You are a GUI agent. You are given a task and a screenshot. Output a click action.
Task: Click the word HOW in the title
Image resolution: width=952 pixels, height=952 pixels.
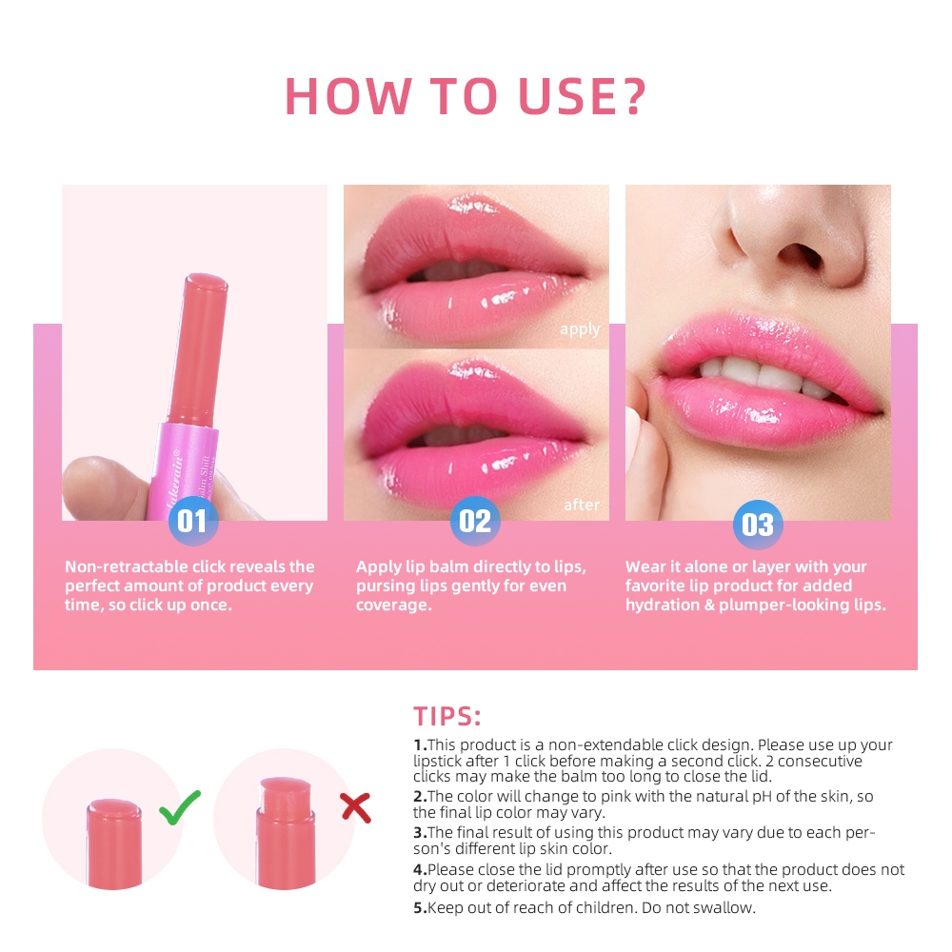pyautogui.click(x=348, y=96)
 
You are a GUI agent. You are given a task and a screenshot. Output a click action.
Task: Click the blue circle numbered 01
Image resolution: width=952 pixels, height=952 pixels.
pyautogui.click(x=193, y=521)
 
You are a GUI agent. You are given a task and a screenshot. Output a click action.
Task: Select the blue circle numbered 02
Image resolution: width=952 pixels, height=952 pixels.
pyautogui.click(x=475, y=521)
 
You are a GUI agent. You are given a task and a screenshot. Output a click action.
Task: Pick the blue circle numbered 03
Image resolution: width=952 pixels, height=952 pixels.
pyautogui.click(x=758, y=525)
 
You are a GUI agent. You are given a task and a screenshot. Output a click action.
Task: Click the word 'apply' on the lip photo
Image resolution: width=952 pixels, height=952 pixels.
pyautogui.click(x=580, y=329)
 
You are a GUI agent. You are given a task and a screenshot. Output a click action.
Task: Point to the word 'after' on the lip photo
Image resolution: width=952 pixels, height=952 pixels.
pyautogui.click(x=582, y=505)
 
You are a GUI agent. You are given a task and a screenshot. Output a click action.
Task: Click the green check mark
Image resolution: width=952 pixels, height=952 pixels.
pyautogui.click(x=180, y=807)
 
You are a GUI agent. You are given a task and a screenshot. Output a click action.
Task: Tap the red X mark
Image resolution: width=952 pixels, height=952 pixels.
pyautogui.click(x=356, y=808)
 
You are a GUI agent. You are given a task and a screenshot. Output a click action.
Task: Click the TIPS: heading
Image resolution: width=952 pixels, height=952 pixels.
pyautogui.click(x=447, y=717)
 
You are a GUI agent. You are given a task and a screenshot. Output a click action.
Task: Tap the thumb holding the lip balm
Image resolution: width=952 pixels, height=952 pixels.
pyautogui.click(x=103, y=486)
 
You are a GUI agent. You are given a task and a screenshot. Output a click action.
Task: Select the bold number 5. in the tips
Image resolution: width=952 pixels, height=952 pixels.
pyautogui.click(x=420, y=907)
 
